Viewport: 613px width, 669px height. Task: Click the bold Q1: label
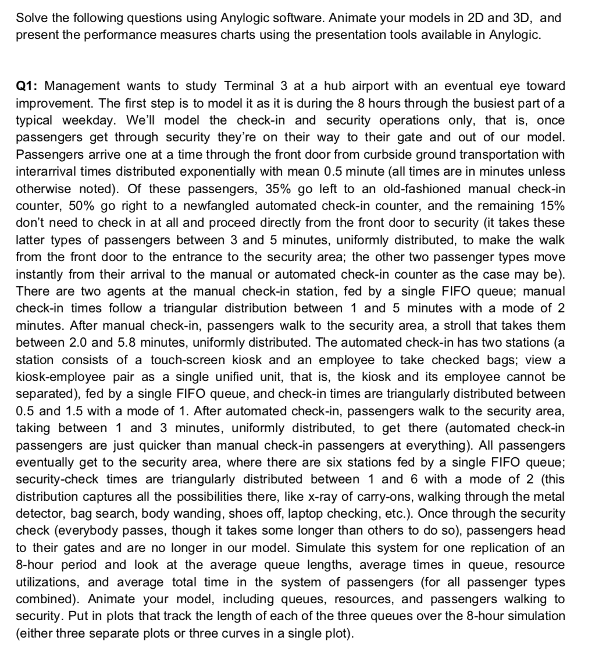coord(27,86)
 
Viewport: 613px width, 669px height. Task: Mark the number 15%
coord(550,206)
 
